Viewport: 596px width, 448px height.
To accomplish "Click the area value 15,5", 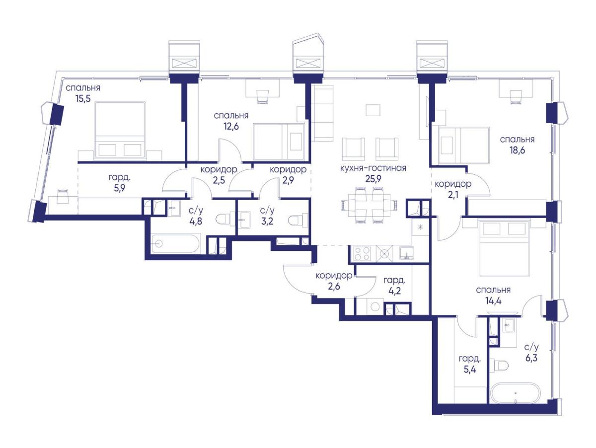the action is click(x=83, y=98).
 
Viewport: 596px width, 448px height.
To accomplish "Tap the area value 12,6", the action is click(x=231, y=126).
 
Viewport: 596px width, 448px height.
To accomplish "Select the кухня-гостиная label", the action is click(x=373, y=168).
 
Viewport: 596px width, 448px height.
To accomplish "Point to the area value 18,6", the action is click(x=517, y=150).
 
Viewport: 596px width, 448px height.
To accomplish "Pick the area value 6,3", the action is click(x=531, y=358).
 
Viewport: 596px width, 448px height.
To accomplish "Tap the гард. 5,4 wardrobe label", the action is click(x=470, y=364).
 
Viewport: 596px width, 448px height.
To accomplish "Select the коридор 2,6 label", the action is click(x=334, y=281).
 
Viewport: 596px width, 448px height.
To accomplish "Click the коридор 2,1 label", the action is click(x=453, y=189).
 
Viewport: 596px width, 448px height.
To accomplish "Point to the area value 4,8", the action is click(x=196, y=222).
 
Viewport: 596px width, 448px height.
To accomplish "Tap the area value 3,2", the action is click(x=267, y=222).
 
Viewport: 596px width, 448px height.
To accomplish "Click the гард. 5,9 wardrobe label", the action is click(x=120, y=182).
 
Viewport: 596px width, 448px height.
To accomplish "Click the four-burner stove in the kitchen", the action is click(x=362, y=253).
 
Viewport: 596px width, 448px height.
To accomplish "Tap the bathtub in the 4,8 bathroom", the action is click(x=176, y=243).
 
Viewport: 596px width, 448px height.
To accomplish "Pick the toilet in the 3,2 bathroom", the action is click(x=298, y=220).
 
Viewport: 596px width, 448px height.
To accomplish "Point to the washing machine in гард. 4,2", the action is click(x=374, y=307).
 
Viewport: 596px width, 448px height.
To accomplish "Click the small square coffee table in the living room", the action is click(x=373, y=110).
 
